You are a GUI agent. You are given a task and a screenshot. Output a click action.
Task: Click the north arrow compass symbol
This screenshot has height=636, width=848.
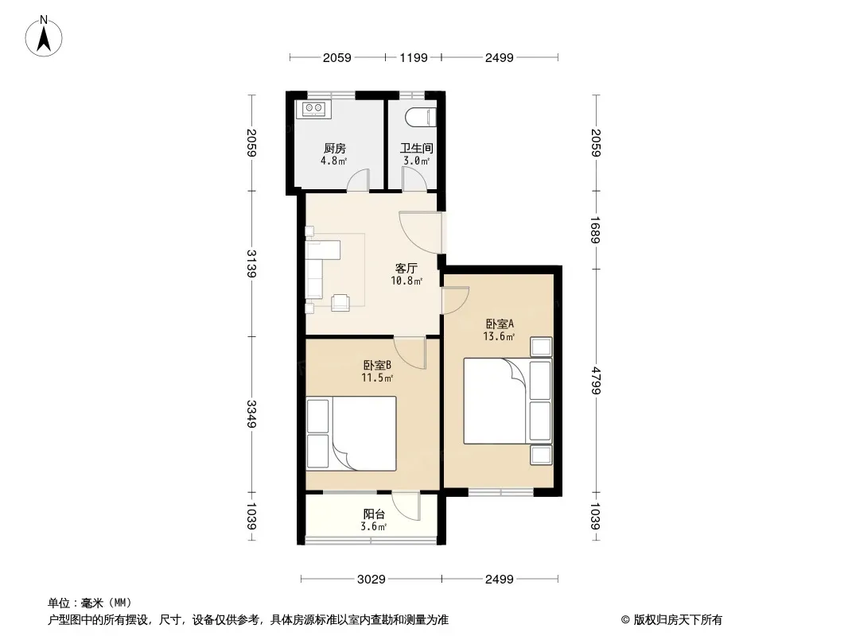point(44,36)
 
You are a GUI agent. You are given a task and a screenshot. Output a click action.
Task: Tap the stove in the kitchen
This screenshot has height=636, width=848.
point(313,109)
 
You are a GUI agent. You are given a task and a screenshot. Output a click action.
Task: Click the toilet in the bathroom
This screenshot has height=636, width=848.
point(420,117)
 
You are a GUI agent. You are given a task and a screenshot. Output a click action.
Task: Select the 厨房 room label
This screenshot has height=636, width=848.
point(334,148)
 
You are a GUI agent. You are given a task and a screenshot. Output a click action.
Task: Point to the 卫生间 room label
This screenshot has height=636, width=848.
point(416,148)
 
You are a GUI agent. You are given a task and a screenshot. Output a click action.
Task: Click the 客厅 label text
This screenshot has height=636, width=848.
point(406,269)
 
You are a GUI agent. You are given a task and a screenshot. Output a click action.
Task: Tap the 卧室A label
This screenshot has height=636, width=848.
point(499,324)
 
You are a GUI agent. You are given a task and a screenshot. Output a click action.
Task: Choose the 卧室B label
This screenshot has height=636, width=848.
point(377,366)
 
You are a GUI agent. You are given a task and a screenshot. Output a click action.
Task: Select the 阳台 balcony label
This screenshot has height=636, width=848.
point(374,514)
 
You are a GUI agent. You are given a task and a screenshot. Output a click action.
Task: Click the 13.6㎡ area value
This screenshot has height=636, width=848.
point(499,336)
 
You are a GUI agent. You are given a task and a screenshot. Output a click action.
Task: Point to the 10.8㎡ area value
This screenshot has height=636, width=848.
point(406,281)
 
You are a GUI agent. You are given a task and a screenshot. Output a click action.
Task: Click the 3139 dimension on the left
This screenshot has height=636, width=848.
point(251,263)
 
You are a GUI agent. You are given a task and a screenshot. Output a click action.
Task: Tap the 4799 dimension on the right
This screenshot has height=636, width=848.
point(596,381)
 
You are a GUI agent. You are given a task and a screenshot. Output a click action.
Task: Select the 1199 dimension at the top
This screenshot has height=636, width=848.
point(414,57)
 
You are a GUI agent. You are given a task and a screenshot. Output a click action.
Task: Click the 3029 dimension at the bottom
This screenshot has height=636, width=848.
point(371,580)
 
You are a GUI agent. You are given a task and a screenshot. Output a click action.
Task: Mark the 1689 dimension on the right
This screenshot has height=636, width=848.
point(596,231)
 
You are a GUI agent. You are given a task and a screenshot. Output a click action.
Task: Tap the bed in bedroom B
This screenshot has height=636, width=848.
point(351,433)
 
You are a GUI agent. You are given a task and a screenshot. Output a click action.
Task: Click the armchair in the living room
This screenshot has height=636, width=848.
point(340,302)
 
